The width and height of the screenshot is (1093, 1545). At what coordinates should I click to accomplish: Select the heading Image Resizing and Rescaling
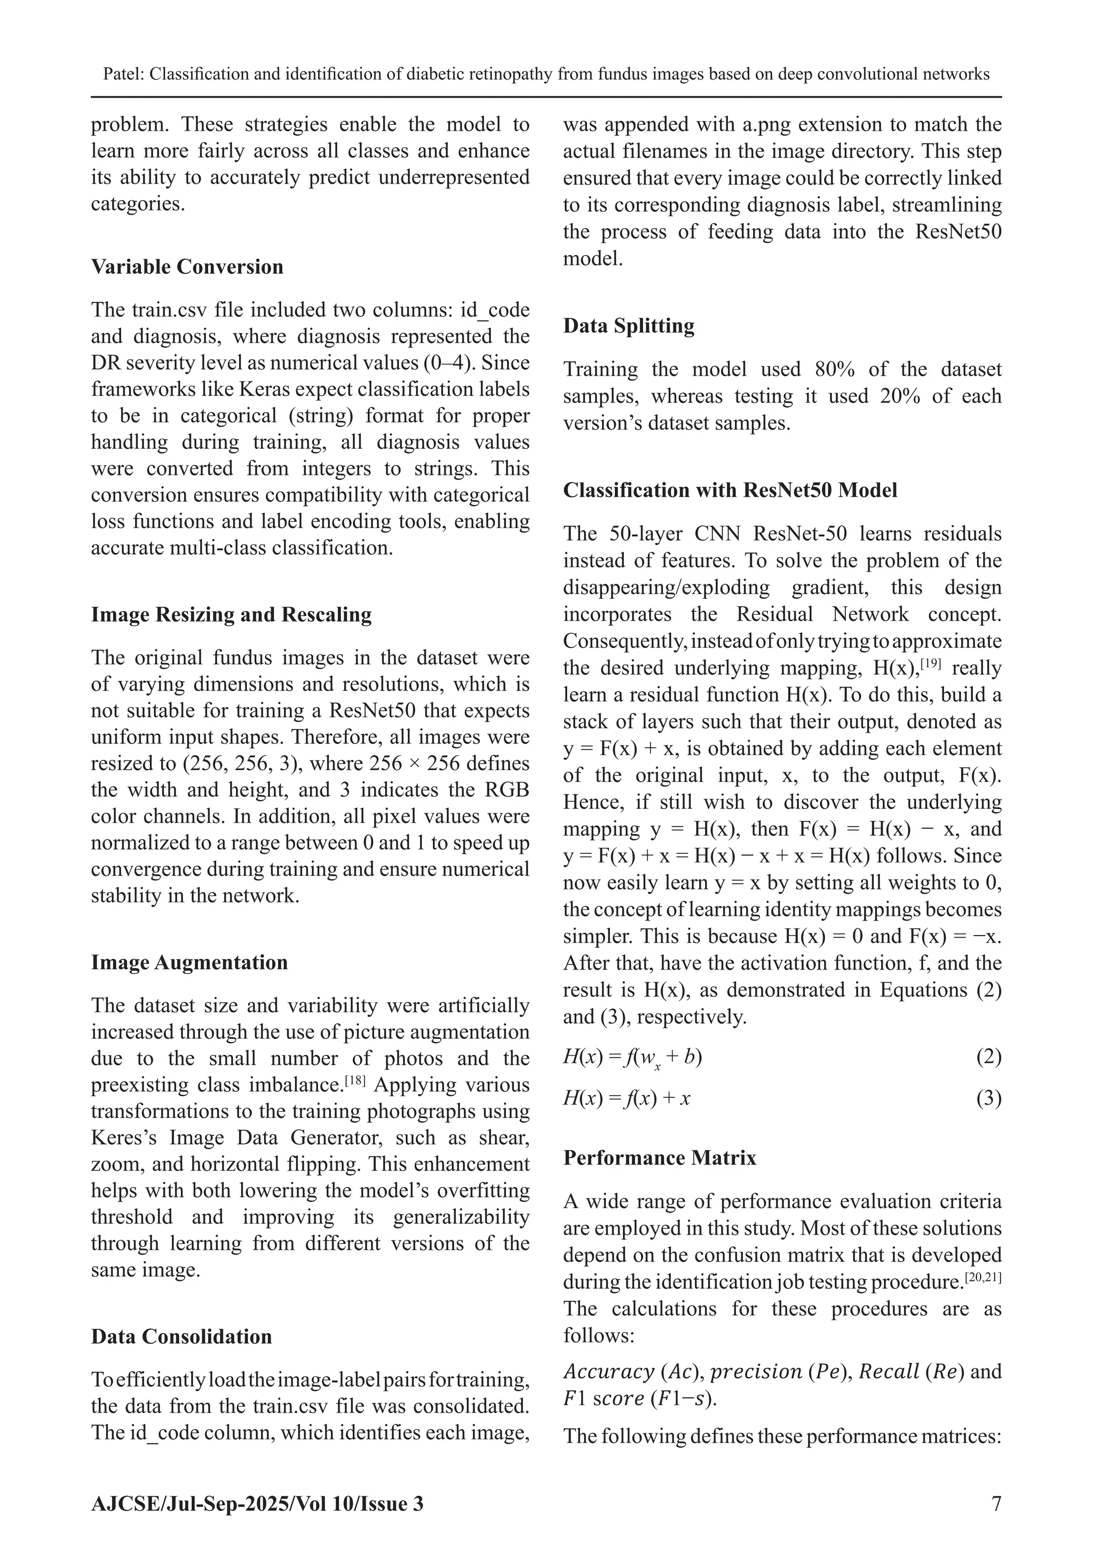pos(231,614)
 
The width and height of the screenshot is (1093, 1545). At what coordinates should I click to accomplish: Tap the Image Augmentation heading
pos(189,962)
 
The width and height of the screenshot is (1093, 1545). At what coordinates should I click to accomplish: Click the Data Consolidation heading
pos(181,1336)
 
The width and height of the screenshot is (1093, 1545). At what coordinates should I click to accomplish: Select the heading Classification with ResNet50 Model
pos(730,490)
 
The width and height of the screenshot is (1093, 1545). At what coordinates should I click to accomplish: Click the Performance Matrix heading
pos(660,1158)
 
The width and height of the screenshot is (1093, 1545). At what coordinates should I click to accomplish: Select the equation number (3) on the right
pos(988,1099)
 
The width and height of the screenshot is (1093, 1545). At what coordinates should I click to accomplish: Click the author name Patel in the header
pos(122,74)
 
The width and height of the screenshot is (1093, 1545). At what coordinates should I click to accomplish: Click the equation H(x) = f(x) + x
pos(627,1099)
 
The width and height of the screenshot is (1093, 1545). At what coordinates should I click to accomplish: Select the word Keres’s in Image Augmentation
pos(123,1138)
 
